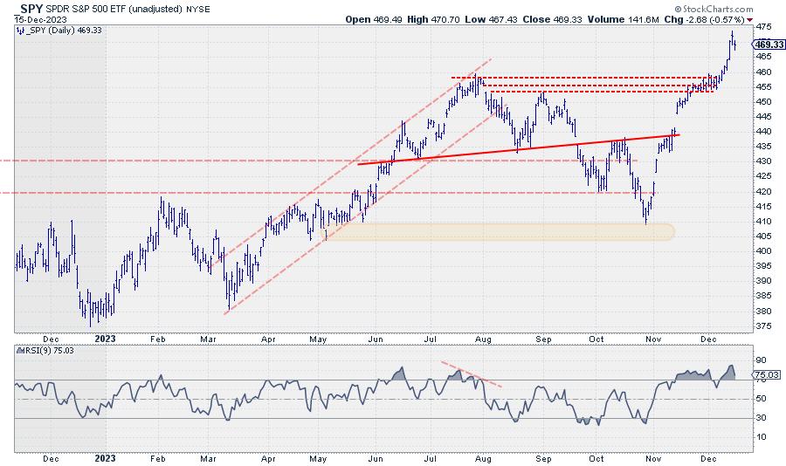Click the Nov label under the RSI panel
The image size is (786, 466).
click(x=653, y=457)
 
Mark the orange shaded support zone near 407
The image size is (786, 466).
click(x=498, y=231)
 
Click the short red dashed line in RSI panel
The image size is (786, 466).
click(x=471, y=373)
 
